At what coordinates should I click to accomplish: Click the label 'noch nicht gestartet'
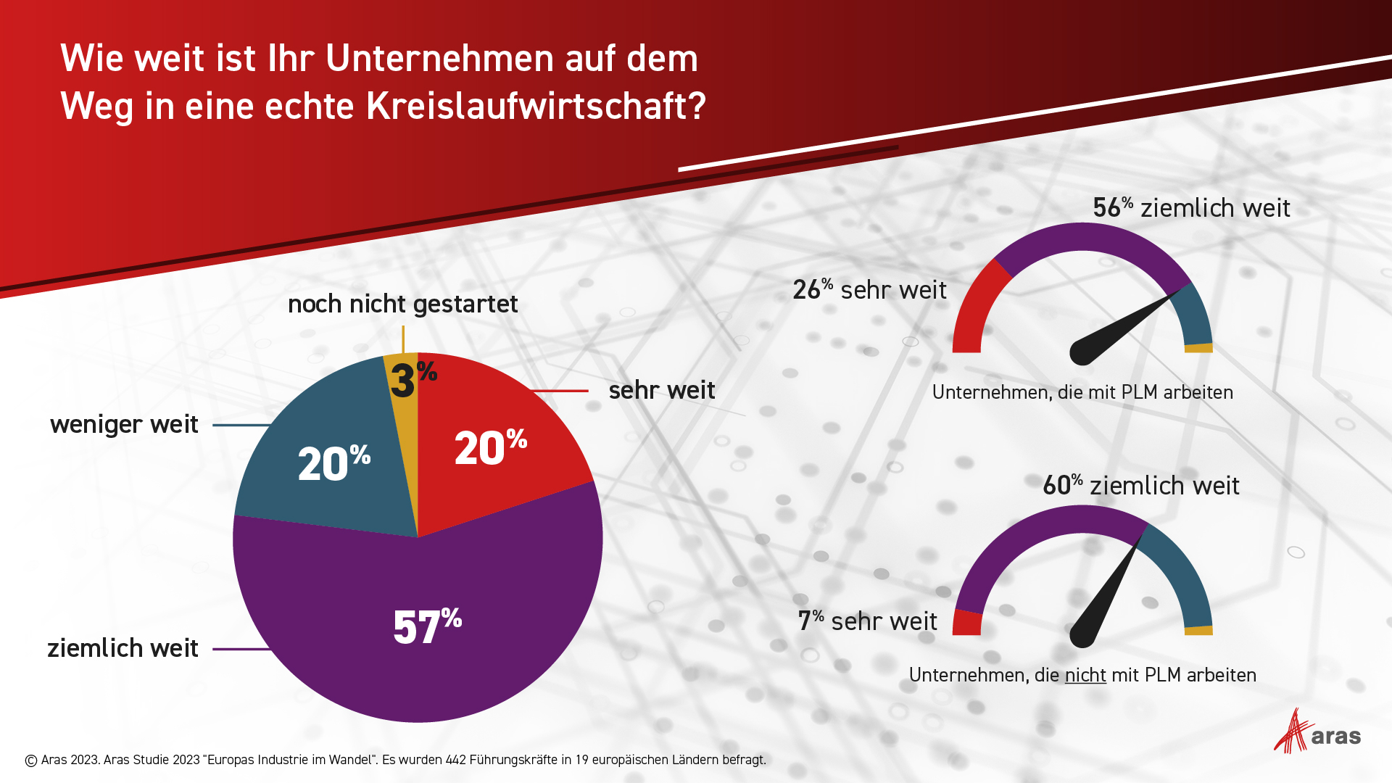tap(402, 304)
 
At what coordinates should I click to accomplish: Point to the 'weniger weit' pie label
tap(124, 424)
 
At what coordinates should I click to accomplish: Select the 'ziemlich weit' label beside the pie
tap(123, 648)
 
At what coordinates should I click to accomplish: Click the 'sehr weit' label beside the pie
tap(662, 390)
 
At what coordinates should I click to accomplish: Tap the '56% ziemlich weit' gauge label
tap(1191, 208)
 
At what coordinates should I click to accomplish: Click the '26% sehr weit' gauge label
tap(869, 290)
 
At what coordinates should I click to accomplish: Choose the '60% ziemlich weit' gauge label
tap(1141, 486)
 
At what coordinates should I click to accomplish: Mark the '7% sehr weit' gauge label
tap(867, 621)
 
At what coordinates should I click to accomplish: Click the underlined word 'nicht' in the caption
tap(1085, 675)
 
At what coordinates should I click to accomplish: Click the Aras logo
tap(1316, 732)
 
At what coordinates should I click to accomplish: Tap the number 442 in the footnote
tap(455, 760)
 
